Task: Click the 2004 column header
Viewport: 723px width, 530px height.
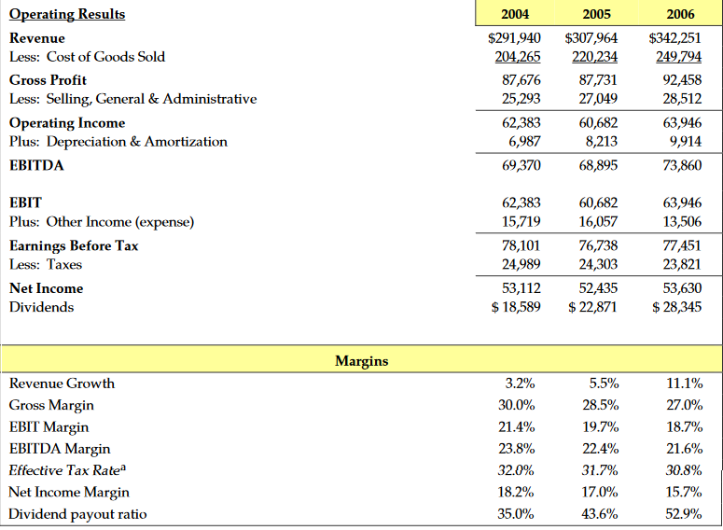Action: [x=515, y=14]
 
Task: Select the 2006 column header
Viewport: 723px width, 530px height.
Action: [x=680, y=14]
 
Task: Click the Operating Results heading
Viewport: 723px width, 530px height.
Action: [x=67, y=14]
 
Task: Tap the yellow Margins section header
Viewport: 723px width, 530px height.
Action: [x=361, y=360]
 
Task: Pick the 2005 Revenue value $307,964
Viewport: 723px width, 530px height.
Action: [x=591, y=38]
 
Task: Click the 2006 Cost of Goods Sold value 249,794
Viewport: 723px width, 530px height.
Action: [x=675, y=57]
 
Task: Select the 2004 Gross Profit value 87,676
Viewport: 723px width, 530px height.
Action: [x=516, y=80]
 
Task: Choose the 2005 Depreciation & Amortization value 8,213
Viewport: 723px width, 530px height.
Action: [x=597, y=142]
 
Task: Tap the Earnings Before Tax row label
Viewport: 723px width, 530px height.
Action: [x=74, y=246]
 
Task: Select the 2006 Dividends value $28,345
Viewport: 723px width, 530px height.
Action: [x=676, y=307]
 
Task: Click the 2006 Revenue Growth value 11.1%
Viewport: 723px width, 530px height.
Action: [x=685, y=383]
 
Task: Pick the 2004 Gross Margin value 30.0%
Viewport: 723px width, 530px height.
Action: [x=517, y=405]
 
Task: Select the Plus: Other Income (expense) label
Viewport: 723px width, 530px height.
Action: [x=102, y=221]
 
